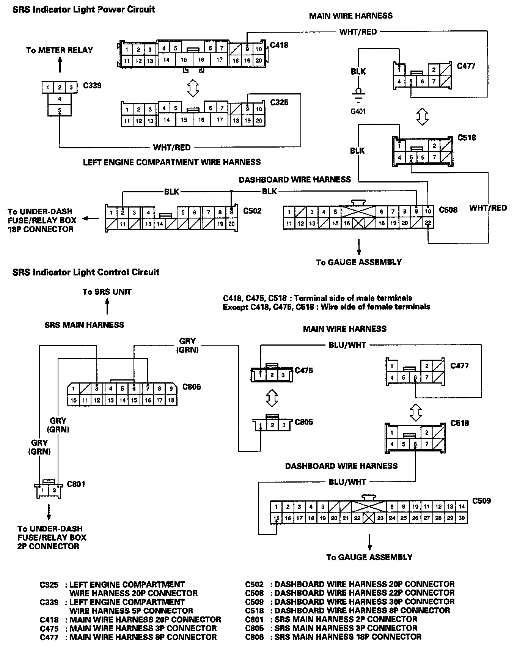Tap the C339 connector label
click(x=92, y=85)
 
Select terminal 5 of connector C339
click(x=60, y=111)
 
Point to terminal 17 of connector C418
click(x=220, y=60)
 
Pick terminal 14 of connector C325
click(x=167, y=120)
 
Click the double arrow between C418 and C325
click(x=193, y=88)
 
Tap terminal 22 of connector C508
click(x=428, y=223)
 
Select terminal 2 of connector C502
click(x=123, y=212)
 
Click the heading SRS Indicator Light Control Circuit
click(x=86, y=272)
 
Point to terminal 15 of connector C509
click(x=277, y=518)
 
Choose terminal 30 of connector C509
click(x=461, y=518)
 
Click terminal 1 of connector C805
click(x=261, y=425)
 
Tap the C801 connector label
click(x=76, y=484)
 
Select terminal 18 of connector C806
click(x=171, y=400)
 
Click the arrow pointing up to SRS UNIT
click(x=107, y=306)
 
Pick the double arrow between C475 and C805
click(x=272, y=398)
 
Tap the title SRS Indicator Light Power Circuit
click(x=84, y=9)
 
